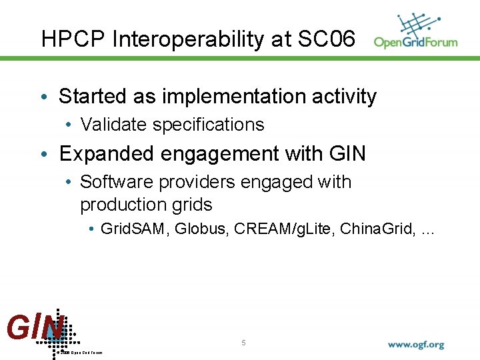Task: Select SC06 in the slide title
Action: click(x=327, y=39)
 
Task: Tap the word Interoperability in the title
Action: click(x=189, y=39)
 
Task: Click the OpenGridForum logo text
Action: click(x=415, y=43)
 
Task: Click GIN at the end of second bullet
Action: click(x=347, y=154)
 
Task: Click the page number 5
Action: click(x=243, y=343)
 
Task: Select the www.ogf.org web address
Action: click(x=416, y=345)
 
